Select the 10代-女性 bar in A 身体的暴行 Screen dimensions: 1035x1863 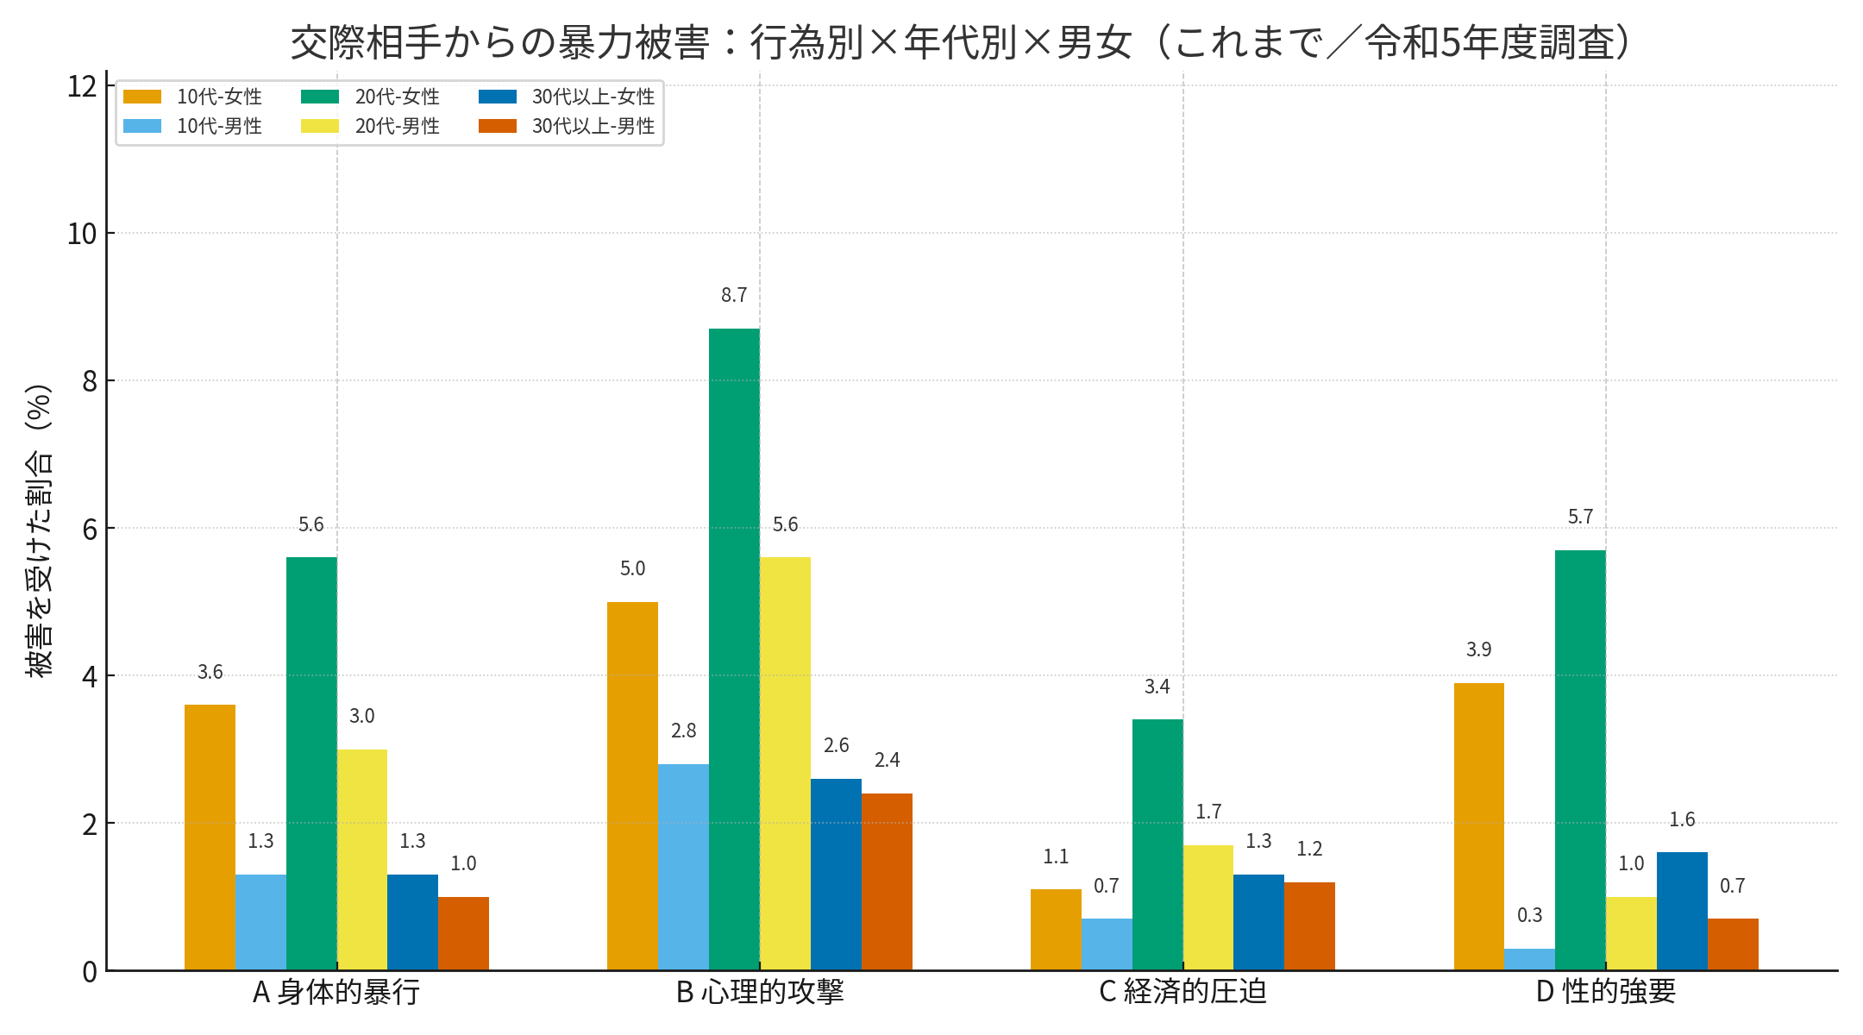pyautogui.click(x=210, y=837)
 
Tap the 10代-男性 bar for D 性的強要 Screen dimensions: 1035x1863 pyautogui.click(x=1529, y=959)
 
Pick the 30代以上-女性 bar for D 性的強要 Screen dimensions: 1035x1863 pyautogui.click(x=1682, y=911)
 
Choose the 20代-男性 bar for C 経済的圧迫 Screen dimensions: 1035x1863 pyautogui.click(x=1208, y=907)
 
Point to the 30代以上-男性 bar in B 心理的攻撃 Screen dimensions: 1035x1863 pyautogui.click(x=887, y=881)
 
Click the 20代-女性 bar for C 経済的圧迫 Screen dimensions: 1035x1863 pyautogui.click(x=1157, y=844)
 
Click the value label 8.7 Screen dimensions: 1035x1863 pyautogui.click(x=734, y=295)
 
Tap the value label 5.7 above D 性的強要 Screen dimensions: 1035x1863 pyautogui.click(x=1580, y=517)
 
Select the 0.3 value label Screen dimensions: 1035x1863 pyautogui.click(x=1529, y=915)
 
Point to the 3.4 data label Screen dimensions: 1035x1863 pyautogui.click(x=1157, y=687)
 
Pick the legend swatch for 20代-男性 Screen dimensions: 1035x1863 pyautogui.click(x=320, y=126)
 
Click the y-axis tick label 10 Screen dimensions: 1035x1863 pyautogui.click(x=82, y=234)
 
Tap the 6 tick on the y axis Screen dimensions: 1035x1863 pyautogui.click(x=90, y=529)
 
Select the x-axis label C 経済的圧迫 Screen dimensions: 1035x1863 pyautogui.click(x=1182, y=992)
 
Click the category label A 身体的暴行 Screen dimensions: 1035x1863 pyautogui.click(x=336, y=992)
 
